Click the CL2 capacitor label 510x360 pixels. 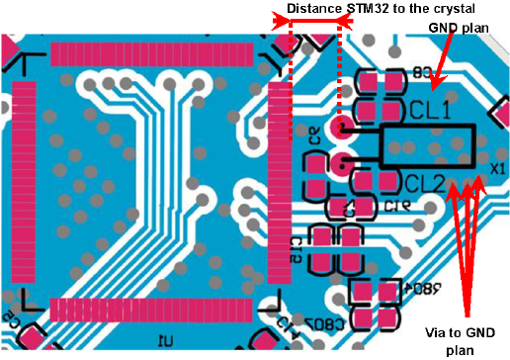[x=425, y=182]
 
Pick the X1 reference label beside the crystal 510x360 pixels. [x=497, y=168]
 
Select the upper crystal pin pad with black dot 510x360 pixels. [x=342, y=128]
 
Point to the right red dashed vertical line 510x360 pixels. [x=341, y=69]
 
